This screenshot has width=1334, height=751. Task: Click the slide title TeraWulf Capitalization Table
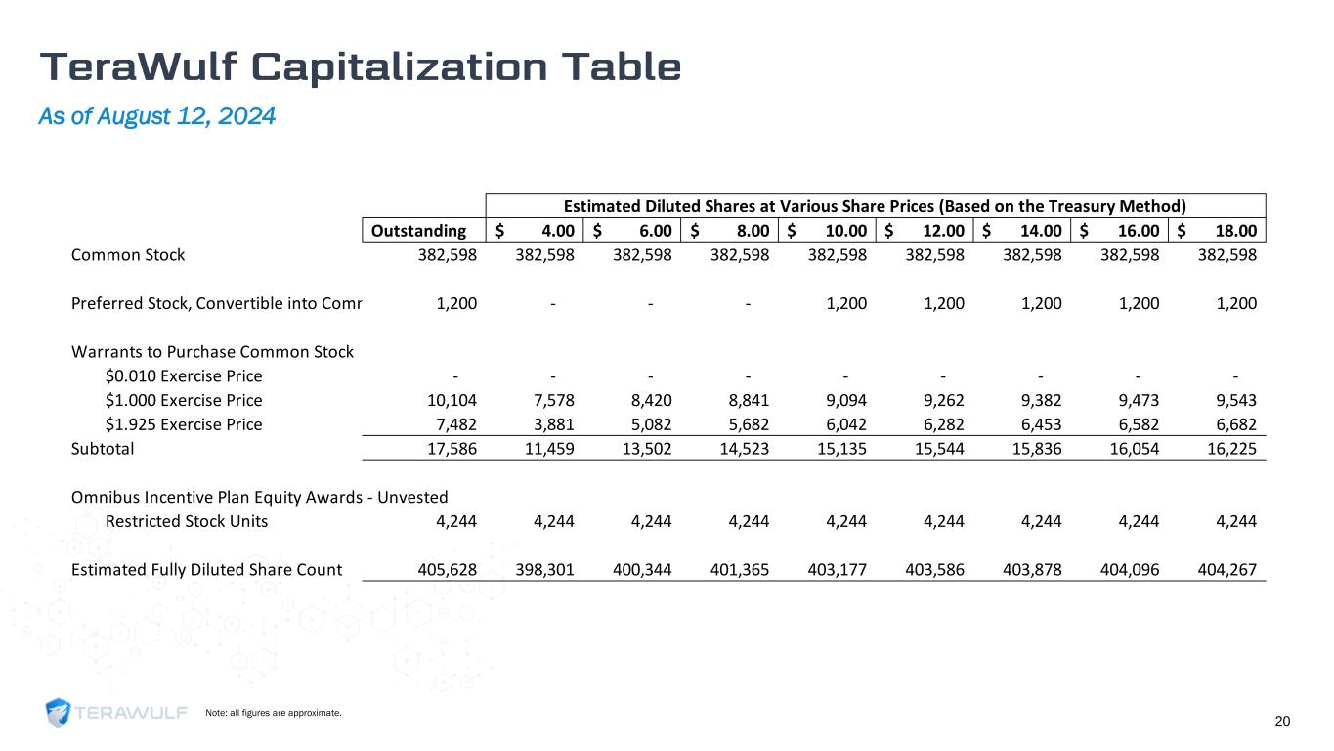click(x=361, y=66)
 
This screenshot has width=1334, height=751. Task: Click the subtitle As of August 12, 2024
click(x=156, y=116)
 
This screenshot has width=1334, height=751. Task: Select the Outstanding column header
click(x=423, y=231)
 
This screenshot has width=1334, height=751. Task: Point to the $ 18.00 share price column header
click(x=1217, y=231)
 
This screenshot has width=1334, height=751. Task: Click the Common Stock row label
click(x=128, y=255)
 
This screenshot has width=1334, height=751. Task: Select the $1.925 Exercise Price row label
click(x=183, y=424)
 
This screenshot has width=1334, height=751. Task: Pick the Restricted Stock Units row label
click(x=187, y=521)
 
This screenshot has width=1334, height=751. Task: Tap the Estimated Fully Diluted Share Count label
click(x=206, y=569)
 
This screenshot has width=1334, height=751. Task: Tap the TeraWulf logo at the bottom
click(x=116, y=713)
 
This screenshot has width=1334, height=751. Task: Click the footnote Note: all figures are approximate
click(x=273, y=713)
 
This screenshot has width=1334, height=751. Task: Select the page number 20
click(x=1282, y=722)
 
